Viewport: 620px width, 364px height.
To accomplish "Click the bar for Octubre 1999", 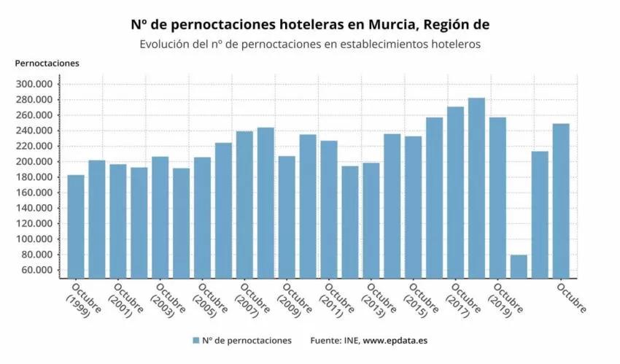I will tap(76, 226).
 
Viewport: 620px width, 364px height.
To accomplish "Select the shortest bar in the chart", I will tap(519, 266).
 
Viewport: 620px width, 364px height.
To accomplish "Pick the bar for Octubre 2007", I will tap(244, 204).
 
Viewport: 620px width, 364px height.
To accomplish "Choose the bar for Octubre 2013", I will tap(371, 220).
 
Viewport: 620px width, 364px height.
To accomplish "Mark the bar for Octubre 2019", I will tap(497, 197).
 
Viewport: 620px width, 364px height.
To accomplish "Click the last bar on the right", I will tap(561, 201).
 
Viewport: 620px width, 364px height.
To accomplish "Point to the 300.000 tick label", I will tap(34, 84).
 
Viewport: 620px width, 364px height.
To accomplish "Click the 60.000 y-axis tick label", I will tap(36, 271).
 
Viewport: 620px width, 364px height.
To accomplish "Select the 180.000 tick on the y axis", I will tap(34, 177).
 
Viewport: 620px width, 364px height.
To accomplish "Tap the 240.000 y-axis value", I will tap(34, 131).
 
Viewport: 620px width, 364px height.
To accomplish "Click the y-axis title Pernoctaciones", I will tap(47, 63).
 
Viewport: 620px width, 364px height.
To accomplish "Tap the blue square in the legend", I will tap(195, 341).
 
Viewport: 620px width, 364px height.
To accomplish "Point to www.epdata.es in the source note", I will tap(397, 341).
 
